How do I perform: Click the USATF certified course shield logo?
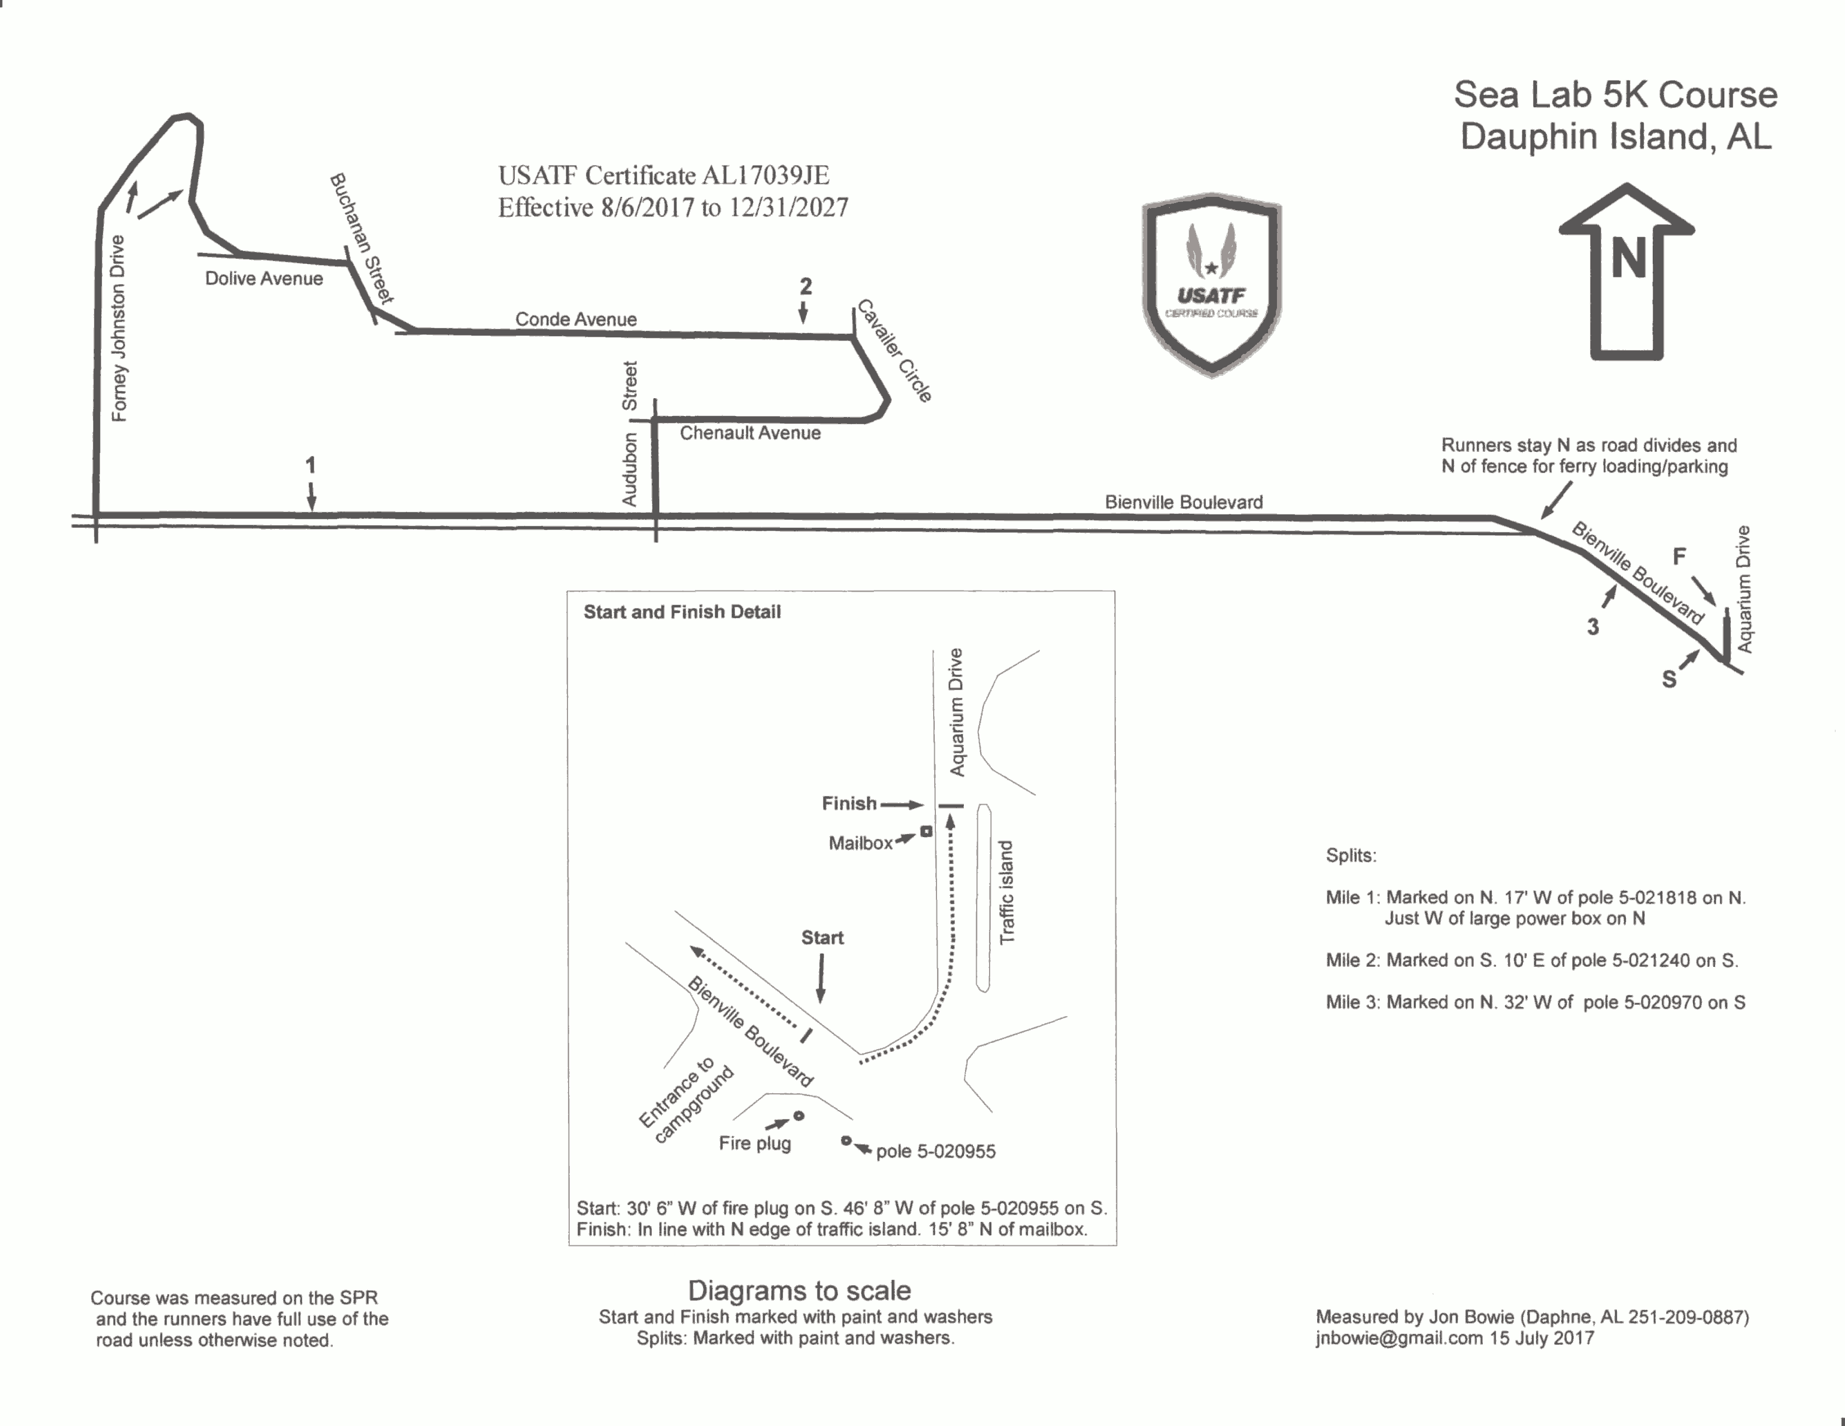click(1212, 285)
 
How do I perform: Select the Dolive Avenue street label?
click(263, 279)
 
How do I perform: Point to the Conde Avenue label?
click(576, 319)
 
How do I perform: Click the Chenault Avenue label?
click(750, 432)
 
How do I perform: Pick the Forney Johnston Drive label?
click(119, 328)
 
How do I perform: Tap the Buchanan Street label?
click(362, 238)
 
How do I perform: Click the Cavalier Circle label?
click(895, 351)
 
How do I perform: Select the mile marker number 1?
click(310, 465)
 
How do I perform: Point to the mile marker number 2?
click(806, 286)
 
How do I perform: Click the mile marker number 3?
click(1592, 627)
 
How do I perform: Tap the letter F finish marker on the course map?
click(1680, 556)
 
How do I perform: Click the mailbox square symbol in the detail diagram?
click(926, 831)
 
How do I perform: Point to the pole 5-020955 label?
click(936, 1151)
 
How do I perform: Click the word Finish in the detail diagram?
click(849, 804)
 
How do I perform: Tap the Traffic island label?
click(1006, 892)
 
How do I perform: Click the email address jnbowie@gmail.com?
click(1399, 1338)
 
